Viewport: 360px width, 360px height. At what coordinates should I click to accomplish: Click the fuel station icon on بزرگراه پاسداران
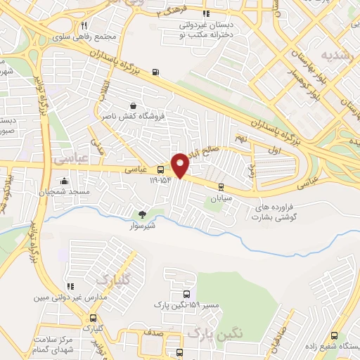click(x=155, y=71)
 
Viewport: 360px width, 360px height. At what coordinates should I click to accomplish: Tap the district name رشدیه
click(x=335, y=53)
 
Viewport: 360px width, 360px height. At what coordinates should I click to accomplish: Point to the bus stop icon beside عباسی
click(x=161, y=169)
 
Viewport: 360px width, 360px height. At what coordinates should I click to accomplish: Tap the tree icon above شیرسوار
click(x=143, y=214)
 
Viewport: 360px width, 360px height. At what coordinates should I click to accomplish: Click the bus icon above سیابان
click(x=221, y=186)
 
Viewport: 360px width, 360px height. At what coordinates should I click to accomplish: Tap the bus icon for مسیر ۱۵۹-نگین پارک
click(x=186, y=295)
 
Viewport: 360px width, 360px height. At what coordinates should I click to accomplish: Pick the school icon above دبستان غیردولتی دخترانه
click(x=205, y=13)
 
